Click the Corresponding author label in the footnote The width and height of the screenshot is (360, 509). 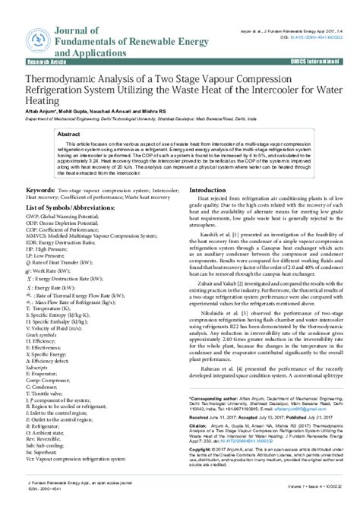(x=216, y=397)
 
